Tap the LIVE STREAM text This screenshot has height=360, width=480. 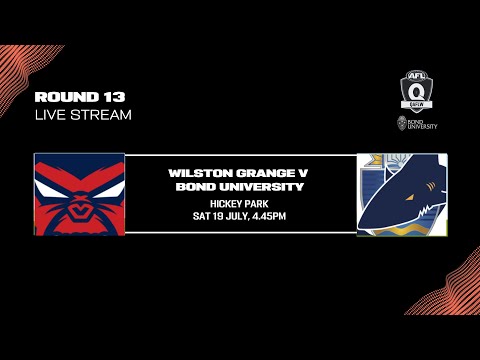(x=83, y=114)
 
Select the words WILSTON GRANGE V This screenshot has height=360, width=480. (x=240, y=173)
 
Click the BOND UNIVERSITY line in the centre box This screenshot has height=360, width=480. (x=240, y=186)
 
